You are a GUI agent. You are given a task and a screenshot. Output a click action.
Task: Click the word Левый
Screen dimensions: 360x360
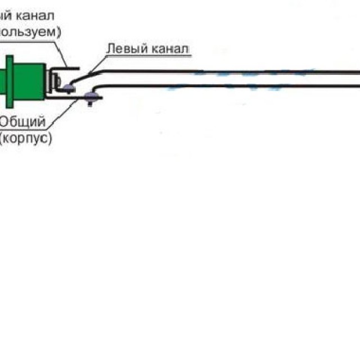[x=125, y=49]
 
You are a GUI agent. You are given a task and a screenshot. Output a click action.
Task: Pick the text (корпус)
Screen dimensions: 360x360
[x=26, y=137]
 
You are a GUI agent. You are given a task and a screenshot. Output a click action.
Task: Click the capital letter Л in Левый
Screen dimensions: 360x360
[x=110, y=49]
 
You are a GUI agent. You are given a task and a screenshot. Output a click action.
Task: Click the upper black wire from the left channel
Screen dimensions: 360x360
[x=225, y=71]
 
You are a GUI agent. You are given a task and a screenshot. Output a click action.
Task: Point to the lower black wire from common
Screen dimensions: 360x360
[x=225, y=85]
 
